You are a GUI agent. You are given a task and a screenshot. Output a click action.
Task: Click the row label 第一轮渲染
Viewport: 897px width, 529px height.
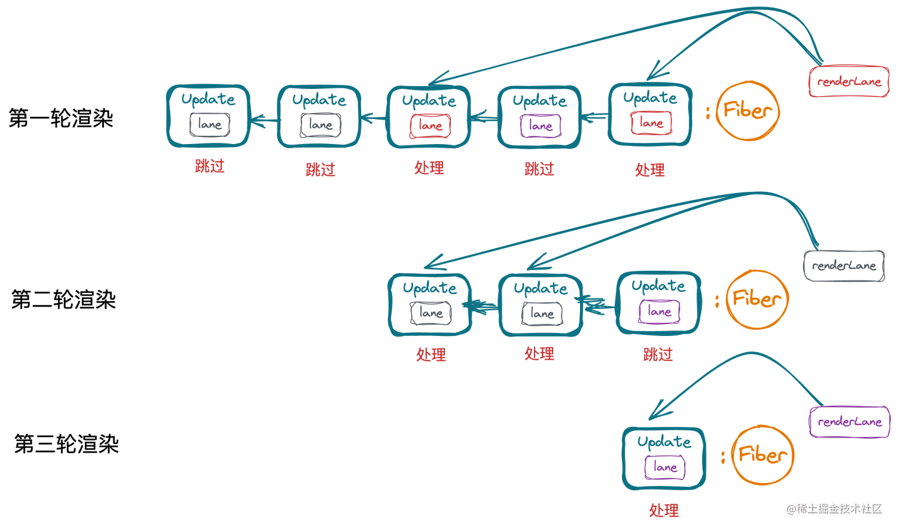tap(61, 118)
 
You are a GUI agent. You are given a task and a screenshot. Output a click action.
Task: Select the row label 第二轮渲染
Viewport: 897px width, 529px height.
tap(63, 299)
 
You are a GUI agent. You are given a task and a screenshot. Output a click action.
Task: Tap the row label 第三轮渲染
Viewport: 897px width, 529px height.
tap(66, 444)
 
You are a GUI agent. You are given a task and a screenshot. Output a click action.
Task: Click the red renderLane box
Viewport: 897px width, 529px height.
tap(849, 81)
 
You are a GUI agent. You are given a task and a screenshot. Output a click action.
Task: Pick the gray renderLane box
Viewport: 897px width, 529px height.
tap(844, 265)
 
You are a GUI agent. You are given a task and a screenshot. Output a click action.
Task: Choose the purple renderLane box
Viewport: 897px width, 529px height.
tap(850, 421)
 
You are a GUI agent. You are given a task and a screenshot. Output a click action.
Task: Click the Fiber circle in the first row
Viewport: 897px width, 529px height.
tap(747, 111)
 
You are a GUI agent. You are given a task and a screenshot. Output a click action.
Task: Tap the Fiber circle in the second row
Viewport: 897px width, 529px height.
tap(757, 299)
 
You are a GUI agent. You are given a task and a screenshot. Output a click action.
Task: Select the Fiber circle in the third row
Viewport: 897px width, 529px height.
tap(762, 455)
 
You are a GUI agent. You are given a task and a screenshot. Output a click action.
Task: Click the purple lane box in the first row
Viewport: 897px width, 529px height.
tap(541, 126)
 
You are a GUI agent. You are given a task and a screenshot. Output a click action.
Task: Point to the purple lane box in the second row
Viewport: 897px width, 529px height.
tap(659, 311)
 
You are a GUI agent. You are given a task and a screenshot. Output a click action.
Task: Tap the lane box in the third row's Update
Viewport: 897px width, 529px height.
tap(665, 467)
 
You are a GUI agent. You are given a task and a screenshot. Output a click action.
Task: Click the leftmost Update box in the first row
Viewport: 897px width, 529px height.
tap(208, 116)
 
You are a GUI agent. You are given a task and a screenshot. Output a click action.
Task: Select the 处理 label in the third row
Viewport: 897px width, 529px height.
tap(664, 510)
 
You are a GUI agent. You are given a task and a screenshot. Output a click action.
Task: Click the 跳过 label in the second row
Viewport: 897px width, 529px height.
tap(658, 354)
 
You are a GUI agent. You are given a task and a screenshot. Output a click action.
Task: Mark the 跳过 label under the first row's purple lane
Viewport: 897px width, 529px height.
tap(539, 169)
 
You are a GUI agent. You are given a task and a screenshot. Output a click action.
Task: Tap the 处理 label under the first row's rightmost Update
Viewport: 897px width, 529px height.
tap(650, 170)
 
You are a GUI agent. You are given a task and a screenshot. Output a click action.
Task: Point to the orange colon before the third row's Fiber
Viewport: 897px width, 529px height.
tap(723, 457)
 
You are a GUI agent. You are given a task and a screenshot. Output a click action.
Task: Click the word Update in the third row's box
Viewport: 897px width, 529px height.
tap(664, 442)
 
